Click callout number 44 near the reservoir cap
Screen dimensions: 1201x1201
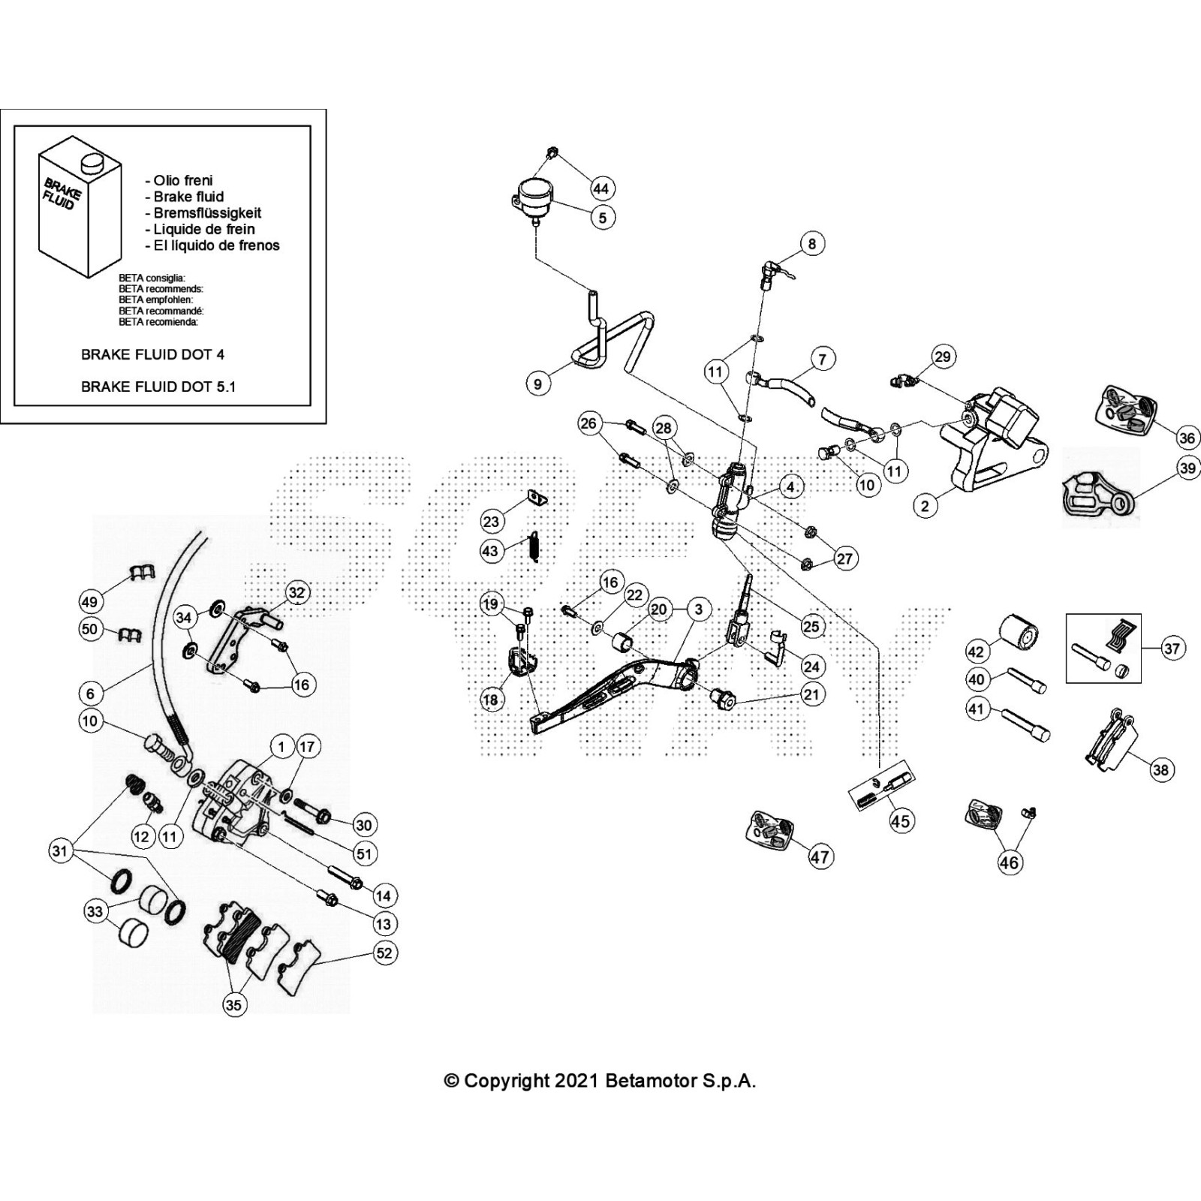coord(601,188)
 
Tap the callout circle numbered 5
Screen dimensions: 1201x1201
coord(602,218)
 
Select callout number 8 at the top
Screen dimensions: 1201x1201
coord(811,243)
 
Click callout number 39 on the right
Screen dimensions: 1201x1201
coord(1187,469)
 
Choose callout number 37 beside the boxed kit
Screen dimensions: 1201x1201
coord(1172,648)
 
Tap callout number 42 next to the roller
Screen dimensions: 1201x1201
coord(976,651)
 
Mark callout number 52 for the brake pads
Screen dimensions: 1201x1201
coord(384,953)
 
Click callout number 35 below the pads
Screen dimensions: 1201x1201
coord(233,1004)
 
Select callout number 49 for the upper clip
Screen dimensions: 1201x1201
coord(90,601)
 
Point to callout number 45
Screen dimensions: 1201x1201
coord(901,820)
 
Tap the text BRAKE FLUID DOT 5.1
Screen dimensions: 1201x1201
coord(158,387)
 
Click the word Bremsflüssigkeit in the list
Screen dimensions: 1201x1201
coord(207,213)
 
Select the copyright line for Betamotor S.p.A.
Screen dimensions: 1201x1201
coord(600,1081)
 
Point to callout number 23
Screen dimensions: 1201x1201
coord(490,521)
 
